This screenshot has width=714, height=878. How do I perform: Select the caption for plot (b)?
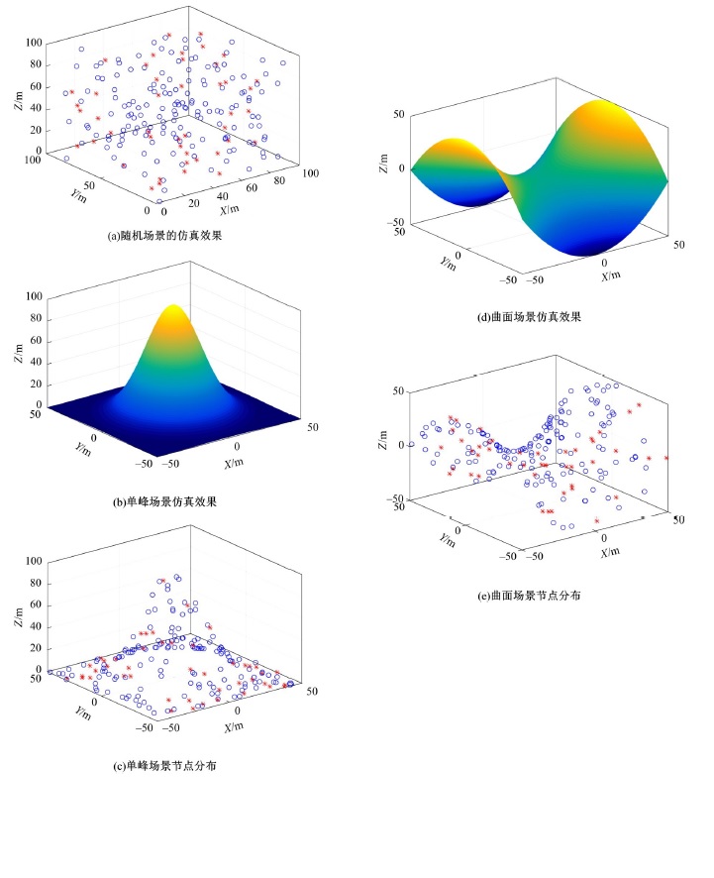tap(164, 501)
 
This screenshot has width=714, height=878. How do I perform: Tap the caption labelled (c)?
tap(164, 766)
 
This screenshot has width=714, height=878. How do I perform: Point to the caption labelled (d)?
tap(529, 317)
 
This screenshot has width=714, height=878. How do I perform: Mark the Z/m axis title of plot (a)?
tap(19, 98)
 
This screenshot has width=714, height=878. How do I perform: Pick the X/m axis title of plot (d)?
tap(611, 275)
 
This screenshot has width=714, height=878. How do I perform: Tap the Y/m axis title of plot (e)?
tap(449, 539)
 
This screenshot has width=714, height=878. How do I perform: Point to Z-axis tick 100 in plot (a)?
tap(35, 43)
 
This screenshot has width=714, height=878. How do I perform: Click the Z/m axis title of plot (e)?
tap(383, 444)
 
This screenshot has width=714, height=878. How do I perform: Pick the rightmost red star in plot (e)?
tap(666, 458)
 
